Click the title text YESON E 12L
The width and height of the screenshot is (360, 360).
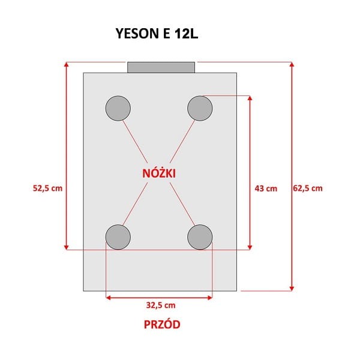[x=157, y=34]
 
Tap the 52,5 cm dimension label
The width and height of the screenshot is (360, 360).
[x=47, y=188]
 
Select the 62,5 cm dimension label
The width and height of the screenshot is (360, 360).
[x=308, y=188]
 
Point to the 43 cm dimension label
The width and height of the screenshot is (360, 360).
[x=266, y=188]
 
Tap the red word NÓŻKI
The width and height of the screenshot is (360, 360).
[x=160, y=173]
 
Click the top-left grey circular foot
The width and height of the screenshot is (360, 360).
[x=118, y=109]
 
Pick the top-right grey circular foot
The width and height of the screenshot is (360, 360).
[x=200, y=109]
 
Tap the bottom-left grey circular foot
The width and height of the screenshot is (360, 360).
[x=118, y=237]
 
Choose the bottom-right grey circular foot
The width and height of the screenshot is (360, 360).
[x=200, y=237]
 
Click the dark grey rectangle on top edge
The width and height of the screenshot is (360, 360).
[x=161, y=67]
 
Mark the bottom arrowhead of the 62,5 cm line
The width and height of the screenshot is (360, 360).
[x=292, y=288]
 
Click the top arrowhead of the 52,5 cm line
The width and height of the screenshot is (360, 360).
[x=67, y=64]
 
